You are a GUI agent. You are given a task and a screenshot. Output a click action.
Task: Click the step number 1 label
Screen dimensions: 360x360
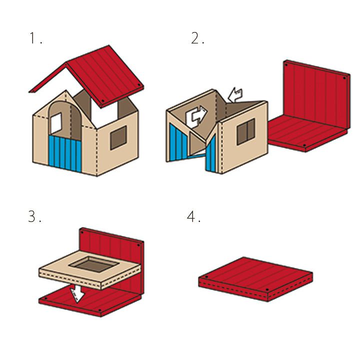coord(36,38)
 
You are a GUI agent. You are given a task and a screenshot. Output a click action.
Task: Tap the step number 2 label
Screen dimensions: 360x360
coord(197,38)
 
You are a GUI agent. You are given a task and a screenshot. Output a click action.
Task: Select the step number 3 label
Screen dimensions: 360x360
coord(34,216)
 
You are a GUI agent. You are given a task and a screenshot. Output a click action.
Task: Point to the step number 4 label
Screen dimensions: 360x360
coord(194,216)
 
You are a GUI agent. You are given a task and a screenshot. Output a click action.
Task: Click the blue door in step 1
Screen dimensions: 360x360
coord(65,153)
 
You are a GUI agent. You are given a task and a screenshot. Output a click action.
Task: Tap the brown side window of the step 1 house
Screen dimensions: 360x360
coord(118,138)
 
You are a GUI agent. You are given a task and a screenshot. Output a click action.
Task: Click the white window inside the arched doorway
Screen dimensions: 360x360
coord(56,123)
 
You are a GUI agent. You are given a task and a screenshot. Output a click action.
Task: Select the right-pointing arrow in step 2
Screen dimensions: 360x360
coord(196,116)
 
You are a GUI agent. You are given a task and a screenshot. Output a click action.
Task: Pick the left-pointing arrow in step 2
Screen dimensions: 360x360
coord(235,95)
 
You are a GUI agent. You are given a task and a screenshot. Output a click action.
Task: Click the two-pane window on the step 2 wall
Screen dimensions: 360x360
coord(246,131)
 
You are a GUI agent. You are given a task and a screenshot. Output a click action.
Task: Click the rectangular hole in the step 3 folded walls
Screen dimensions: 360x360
coord(94,264)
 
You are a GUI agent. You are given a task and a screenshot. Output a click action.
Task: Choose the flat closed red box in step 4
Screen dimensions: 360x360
coord(255,279)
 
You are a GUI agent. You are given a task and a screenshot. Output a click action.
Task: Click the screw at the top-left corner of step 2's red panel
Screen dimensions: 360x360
coord(286,65)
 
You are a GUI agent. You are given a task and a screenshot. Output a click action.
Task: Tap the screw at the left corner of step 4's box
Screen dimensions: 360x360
coord(206,277)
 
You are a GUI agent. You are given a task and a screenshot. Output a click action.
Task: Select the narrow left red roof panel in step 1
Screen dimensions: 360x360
coord(48,77)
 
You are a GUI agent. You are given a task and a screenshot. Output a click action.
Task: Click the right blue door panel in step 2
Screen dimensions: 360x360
coord(211,154)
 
